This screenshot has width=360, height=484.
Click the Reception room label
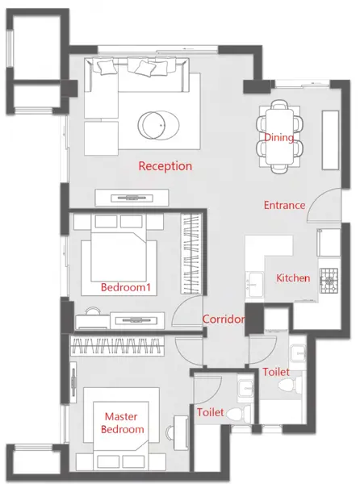coord(165,166)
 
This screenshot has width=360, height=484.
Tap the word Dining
coord(279,137)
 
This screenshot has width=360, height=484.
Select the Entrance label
coord(284,205)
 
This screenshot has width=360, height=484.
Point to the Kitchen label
coord(293,277)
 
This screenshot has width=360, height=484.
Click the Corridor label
coord(224,319)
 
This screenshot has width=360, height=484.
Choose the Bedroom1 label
coord(126,287)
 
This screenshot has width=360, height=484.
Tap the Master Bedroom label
coord(122,423)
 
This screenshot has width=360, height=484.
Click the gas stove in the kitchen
coord(329,281)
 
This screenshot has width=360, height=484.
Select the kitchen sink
coord(254,284)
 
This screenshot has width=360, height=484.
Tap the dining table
coord(280,137)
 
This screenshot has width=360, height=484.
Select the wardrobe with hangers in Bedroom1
coord(191,254)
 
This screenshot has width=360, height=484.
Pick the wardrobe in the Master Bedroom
coord(117,346)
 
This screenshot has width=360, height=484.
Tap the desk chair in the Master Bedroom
coord(170,432)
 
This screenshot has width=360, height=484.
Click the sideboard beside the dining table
coord(331,140)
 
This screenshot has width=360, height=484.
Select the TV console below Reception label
coord(132,198)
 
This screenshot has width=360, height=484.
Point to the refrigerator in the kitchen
coord(329,243)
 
